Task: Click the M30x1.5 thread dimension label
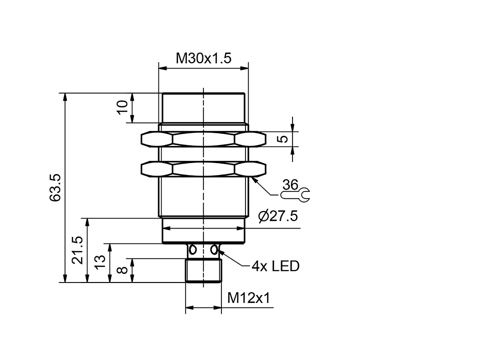203,58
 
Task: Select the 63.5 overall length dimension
55,187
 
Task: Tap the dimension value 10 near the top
122,107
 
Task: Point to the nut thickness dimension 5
283,139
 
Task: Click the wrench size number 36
290,184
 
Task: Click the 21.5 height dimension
78,250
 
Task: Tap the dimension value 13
100,262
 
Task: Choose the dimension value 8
122,270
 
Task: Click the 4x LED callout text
275,266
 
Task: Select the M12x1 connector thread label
248,298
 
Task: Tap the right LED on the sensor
215,249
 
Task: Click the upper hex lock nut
203,139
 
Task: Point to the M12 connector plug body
203,270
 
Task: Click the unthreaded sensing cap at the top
203,108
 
